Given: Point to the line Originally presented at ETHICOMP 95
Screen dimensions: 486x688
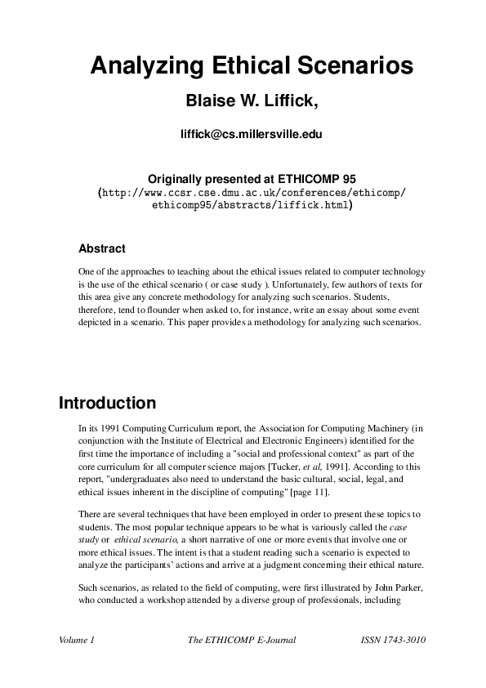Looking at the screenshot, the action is click(x=243, y=179).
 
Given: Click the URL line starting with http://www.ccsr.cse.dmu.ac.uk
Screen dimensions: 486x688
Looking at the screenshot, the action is click(x=252, y=194).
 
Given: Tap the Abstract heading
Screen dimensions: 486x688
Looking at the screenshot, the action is click(x=101, y=248).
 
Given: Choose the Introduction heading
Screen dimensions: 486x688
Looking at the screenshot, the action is click(x=107, y=404).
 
